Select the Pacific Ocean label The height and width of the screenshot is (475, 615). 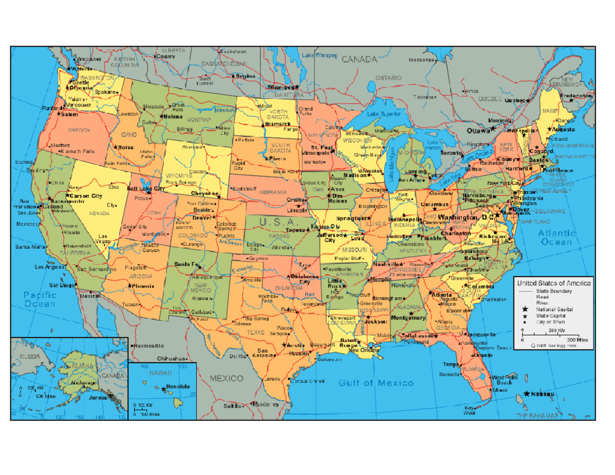point(39,299)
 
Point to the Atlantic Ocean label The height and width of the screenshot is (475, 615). point(557,237)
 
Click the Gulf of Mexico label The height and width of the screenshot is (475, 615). point(376,383)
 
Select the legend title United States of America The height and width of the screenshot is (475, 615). point(553,283)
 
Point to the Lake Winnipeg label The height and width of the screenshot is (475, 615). point(319,55)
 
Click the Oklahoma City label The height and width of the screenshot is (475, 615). point(304,279)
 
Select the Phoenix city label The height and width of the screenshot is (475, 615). point(143,285)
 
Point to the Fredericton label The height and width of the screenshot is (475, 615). point(576,95)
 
